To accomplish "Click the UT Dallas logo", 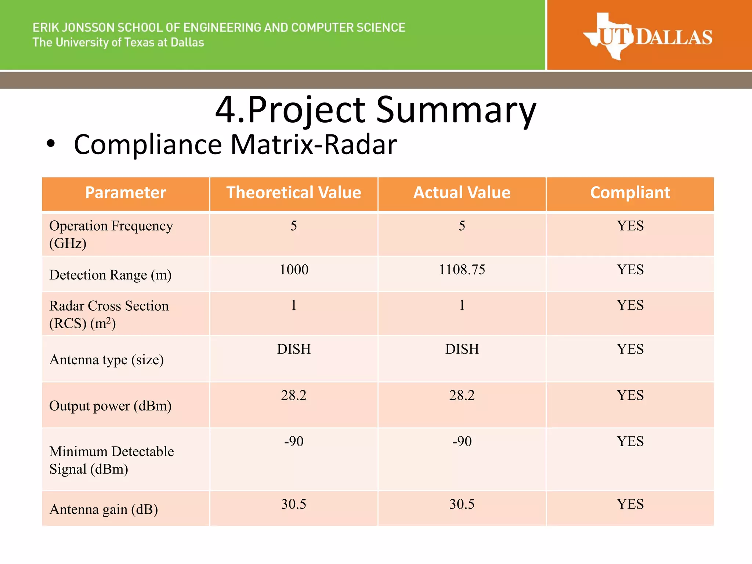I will tap(648, 37).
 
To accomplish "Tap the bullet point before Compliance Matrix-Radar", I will tap(51, 144).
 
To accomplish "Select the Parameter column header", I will tap(126, 193).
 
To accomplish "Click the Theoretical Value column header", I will tap(294, 193).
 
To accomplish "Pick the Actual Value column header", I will tap(462, 193).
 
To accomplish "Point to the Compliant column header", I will tap(630, 193).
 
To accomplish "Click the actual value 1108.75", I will tap(462, 270).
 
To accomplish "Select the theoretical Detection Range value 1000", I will tap(294, 270).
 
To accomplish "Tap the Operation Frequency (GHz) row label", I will tap(111, 234).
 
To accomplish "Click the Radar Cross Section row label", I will tap(109, 314).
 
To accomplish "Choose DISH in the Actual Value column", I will tap(462, 349).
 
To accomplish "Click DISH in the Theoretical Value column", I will tap(294, 349).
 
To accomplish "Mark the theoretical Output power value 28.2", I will tap(294, 395).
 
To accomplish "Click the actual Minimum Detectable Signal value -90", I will tap(462, 441).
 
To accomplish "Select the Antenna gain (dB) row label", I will tap(104, 510).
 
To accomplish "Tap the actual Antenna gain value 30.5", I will tap(462, 504).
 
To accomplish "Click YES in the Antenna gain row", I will tap(630, 504).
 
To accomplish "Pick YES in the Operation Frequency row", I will tap(630, 226).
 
